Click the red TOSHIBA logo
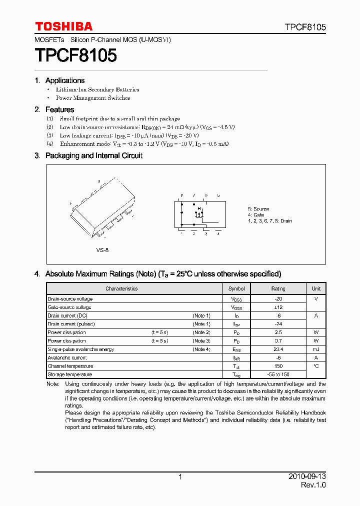coord(63,26)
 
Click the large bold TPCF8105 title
coord(75,55)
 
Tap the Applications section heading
coord(64,80)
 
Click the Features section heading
coord(59,109)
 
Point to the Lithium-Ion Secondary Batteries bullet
coord(97,89)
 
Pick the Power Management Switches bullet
coord(92,98)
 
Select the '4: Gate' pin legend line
coord(256,215)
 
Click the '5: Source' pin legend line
coord(258,209)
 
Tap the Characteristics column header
coord(121,288)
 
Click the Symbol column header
coord(236,288)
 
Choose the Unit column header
coord(316,288)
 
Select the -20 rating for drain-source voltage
coord(278,299)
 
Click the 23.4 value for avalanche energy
coord(278,349)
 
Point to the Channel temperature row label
coord(70,366)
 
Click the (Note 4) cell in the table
coord(201,349)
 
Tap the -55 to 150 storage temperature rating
coord(278,374)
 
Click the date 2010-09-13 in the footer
coord(307,477)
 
